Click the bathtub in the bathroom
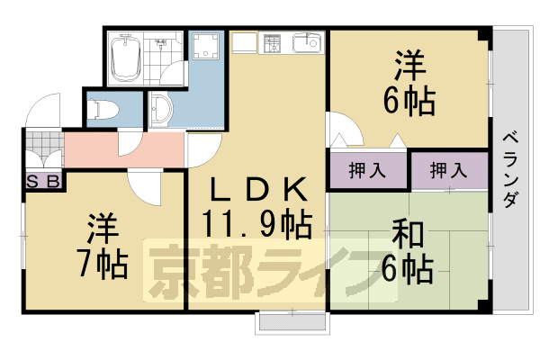pyautogui.click(x=122, y=59)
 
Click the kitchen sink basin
pyautogui.click(x=306, y=43)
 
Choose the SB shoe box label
pyautogui.click(x=42, y=181)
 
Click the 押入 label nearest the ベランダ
pyautogui.click(x=447, y=170)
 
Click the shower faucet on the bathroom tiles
pyautogui.click(x=163, y=41)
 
